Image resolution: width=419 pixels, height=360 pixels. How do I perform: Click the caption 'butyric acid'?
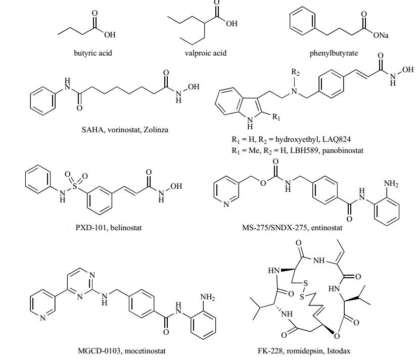(x=86, y=53)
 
